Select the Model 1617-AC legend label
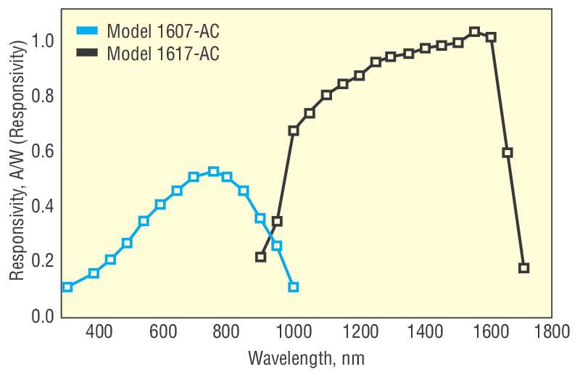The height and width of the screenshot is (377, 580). pyautogui.click(x=162, y=53)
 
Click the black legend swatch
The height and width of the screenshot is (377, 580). pyautogui.click(x=86, y=53)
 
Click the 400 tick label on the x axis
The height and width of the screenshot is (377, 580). pyautogui.click(x=99, y=333)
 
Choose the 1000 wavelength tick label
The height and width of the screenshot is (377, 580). pyautogui.click(x=293, y=333)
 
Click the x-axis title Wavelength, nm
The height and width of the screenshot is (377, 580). pyautogui.click(x=306, y=358)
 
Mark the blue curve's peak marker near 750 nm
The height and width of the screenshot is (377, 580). pyautogui.click(x=213, y=172)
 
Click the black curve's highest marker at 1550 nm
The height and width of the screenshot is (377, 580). pyautogui.click(x=474, y=32)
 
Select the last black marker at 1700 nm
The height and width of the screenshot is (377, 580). pyautogui.click(x=523, y=268)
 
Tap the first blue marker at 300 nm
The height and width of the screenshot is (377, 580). pyautogui.click(x=67, y=287)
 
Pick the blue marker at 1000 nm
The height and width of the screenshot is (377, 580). pyautogui.click(x=293, y=287)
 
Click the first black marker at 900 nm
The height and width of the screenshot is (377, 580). pyautogui.click(x=260, y=257)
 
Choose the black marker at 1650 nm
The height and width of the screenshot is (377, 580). pyautogui.click(x=507, y=152)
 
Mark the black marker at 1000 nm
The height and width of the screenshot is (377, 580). pyautogui.click(x=293, y=131)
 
